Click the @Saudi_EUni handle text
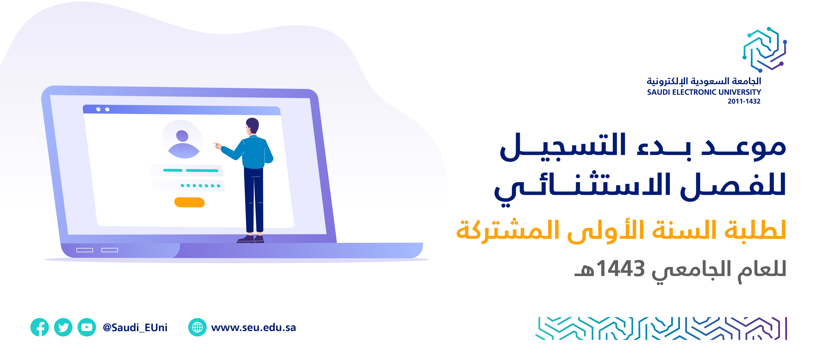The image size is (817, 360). (135, 327)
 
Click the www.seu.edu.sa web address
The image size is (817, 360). (253, 327)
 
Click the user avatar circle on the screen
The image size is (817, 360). (182, 140)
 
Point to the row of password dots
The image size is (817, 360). (200, 186)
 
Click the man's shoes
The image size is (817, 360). (250, 239)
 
